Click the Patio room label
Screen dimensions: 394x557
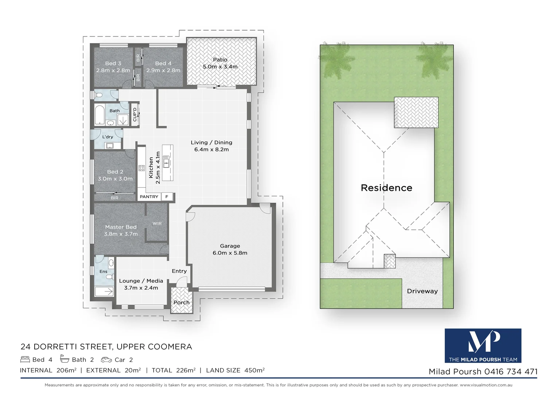(220, 60)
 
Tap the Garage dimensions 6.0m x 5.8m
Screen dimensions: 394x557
(230, 253)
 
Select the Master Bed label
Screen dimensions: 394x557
(121, 227)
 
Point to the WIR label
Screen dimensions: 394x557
(157, 224)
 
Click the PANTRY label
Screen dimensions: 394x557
(149, 197)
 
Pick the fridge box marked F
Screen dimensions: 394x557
(167, 197)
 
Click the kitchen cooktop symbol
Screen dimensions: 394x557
(141, 168)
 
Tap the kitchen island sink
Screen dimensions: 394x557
(167, 161)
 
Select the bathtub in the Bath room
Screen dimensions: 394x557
(100, 115)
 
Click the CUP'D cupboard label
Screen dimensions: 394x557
(135, 114)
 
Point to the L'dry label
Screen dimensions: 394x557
(108, 137)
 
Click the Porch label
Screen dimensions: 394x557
(182, 302)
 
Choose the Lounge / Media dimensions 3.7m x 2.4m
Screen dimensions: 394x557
(141, 288)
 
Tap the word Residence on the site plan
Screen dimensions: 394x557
(386, 188)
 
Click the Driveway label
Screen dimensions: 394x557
(422, 291)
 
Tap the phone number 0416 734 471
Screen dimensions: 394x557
(511, 372)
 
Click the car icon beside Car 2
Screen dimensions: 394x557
(106, 360)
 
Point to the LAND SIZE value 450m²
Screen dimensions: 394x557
(254, 370)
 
